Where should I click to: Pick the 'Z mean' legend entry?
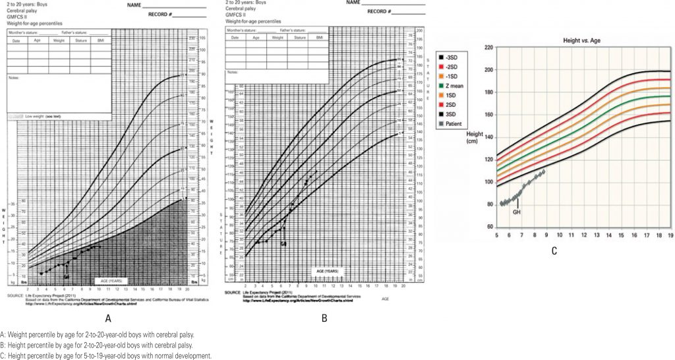click(461, 84)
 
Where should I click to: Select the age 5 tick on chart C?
click(497, 235)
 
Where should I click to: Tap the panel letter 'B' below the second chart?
click(324, 318)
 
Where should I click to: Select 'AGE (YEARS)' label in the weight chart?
click(109, 280)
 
